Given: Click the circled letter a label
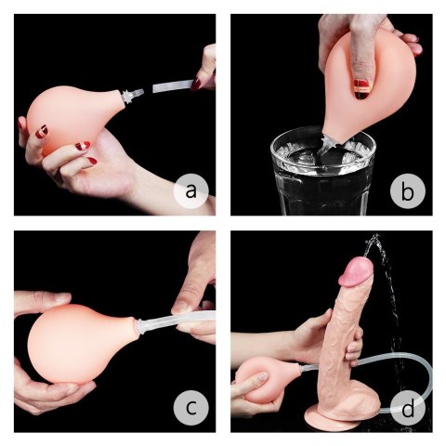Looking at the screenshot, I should [x=191, y=191].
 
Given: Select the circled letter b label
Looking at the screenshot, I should [x=406, y=192].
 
